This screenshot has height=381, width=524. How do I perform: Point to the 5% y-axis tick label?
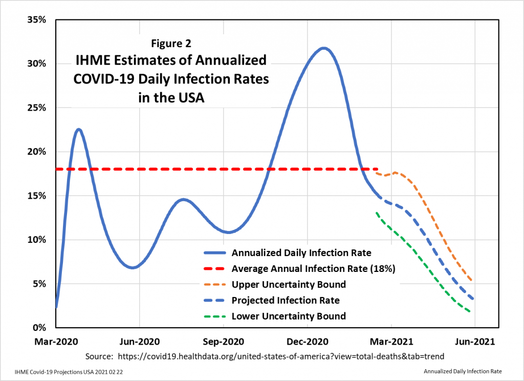[39, 284]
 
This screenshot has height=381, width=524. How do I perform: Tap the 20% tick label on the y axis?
[37, 152]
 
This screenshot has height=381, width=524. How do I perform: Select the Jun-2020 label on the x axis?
[139, 341]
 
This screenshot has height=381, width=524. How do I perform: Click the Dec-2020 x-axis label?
[307, 341]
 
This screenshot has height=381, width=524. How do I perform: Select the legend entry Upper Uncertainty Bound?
[289, 284]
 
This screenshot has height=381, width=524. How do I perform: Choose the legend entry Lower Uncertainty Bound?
[289, 316]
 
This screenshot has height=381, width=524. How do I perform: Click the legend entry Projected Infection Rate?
[286, 300]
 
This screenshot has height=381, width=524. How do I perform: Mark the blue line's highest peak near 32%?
[323, 48]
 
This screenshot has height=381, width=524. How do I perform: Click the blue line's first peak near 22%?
[79, 129]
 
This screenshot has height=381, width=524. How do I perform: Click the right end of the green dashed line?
[470, 311]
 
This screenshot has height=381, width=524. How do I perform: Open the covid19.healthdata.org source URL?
[280, 356]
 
